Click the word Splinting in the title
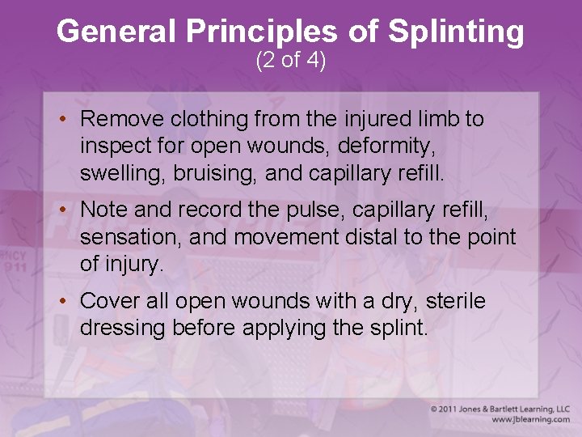pos(456,32)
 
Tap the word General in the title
pos(118,32)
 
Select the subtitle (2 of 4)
pos(290,61)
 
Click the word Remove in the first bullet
pos(121,120)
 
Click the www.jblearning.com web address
pos(530,419)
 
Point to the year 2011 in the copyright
pos(452,409)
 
